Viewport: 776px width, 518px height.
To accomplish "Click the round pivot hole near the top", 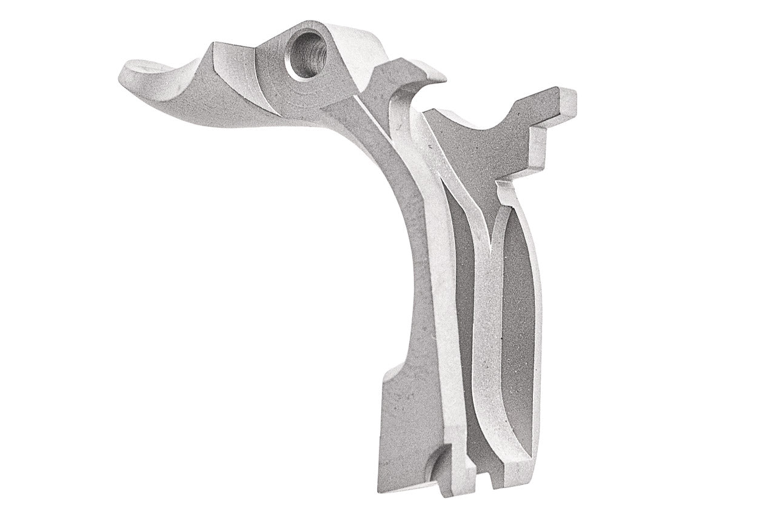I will tap(306, 55).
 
